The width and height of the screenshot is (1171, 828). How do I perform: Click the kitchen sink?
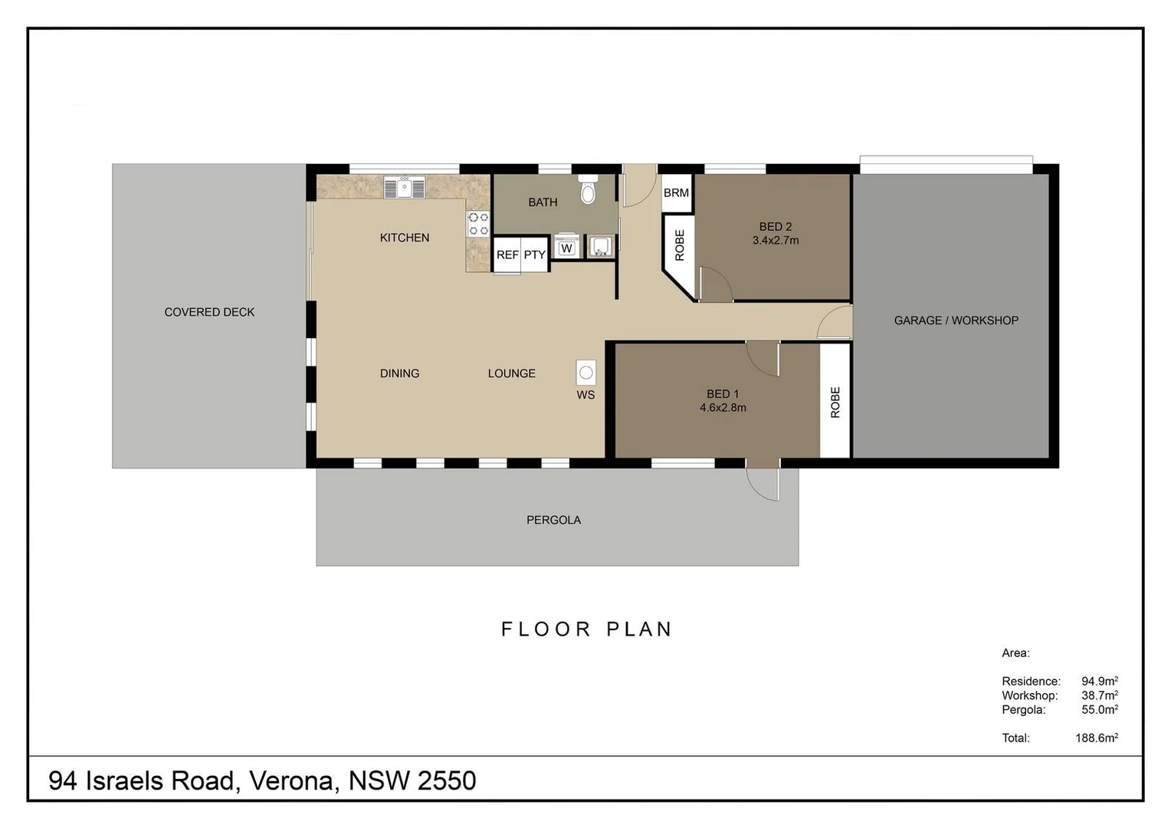[x=405, y=188]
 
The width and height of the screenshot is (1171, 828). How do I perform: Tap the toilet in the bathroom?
[x=588, y=190]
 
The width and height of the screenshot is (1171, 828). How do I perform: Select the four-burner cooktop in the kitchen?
[x=478, y=224]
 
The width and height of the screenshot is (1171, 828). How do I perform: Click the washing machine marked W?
[x=566, y=247]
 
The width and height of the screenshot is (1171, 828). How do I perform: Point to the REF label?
[x=507, y=255]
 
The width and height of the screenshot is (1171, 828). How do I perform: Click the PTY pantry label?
[x=535, y=255]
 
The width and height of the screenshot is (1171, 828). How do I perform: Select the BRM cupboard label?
[x=676, y=193]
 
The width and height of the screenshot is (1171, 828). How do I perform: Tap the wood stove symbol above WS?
[x=586, y=373]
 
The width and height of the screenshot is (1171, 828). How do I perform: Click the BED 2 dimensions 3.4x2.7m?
[x=776, y=241]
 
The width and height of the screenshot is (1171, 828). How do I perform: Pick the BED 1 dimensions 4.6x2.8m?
[x=723, y=407]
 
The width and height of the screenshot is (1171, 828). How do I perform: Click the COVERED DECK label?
[x=209, y=312]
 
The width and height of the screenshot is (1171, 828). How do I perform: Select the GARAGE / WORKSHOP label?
[x=956, y=320]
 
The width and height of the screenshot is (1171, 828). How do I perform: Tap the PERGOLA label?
[x=553, y=520]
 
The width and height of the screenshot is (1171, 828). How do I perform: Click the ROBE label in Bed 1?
[x=835, y=402]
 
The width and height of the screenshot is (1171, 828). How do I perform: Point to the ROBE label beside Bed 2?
[x=680, y=245]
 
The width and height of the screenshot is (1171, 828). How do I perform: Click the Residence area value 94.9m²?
[x=1100, y=681]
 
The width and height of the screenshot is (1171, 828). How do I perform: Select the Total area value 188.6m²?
[x=1096, y=738]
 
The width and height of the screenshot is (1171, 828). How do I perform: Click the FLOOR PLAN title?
[x=586, y=629]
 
